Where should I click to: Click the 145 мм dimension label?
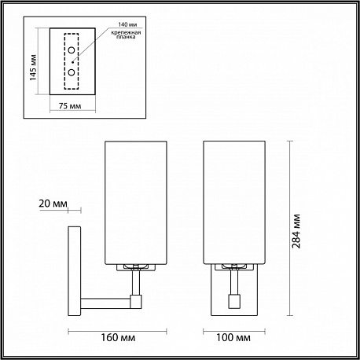point(33,68)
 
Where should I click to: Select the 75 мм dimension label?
point(70,106)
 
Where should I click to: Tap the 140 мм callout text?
point(127,24)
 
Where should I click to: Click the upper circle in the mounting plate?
point(72,50)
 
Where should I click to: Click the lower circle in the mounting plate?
point(72,72)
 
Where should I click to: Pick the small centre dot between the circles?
point(73,62)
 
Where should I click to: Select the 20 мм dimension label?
point(53,204)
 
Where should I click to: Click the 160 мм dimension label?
point(118,337)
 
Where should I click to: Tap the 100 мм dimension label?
point(233,337)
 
